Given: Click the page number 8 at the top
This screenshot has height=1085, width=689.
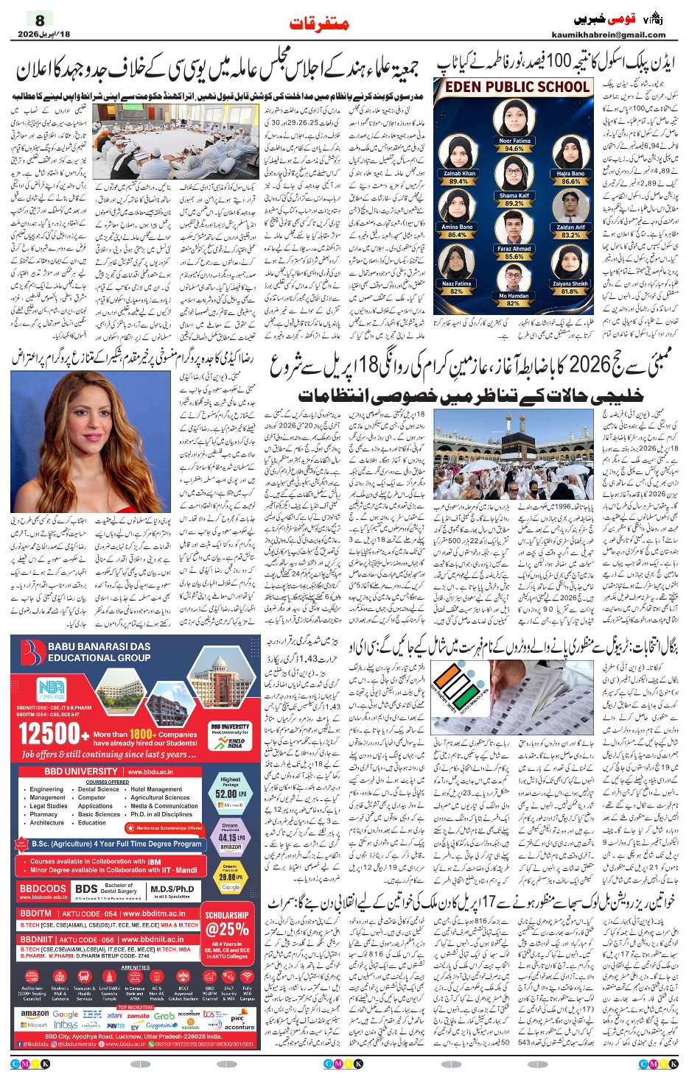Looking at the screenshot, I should click(x=40, y=20).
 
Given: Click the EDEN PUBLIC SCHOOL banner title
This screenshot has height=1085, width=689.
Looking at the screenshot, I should click(x=517, y=87).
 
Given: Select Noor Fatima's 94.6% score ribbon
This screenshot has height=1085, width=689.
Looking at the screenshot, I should click(x=514, y=149).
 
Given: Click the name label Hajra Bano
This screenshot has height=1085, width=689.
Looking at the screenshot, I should click(x=570, y=174).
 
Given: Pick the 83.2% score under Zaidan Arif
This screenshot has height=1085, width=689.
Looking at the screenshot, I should click(x=570, y=235).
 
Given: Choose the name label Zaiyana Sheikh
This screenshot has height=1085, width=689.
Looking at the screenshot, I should click(x=570, y=283).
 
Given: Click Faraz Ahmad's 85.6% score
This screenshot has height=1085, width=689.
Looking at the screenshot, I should click(x=514, y=256).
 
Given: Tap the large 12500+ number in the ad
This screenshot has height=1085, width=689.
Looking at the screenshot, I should click(x=50, y=734).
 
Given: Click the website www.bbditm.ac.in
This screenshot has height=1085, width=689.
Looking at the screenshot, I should click(x=153, y=913).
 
